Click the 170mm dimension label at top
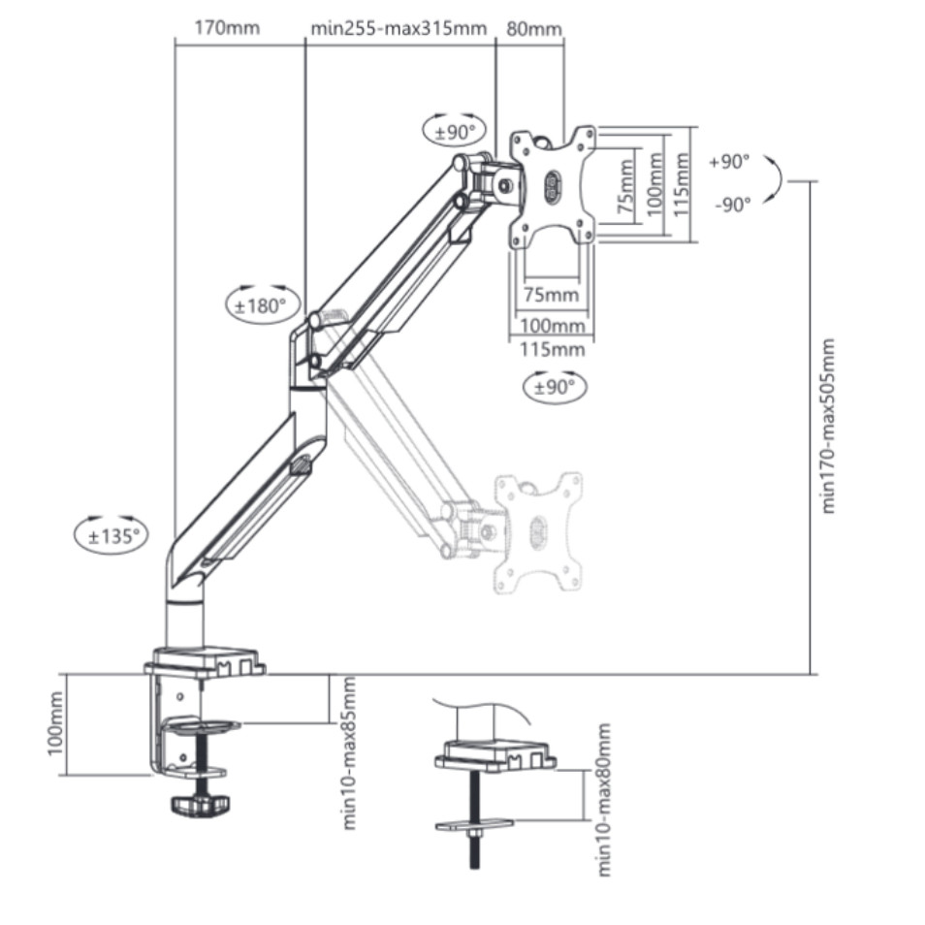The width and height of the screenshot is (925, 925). (227, 28)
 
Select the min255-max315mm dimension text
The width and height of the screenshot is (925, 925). (399, 28)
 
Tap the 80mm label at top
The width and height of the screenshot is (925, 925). (533, 29)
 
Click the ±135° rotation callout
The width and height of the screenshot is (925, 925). (111, 534)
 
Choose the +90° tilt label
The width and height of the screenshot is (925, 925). (729, 161)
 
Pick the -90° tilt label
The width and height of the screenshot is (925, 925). (732, 205)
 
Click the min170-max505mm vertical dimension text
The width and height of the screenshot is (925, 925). (828, 426)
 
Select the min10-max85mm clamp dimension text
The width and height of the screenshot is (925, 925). (349, 753)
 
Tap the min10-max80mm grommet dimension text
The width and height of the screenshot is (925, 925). (603, 800)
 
